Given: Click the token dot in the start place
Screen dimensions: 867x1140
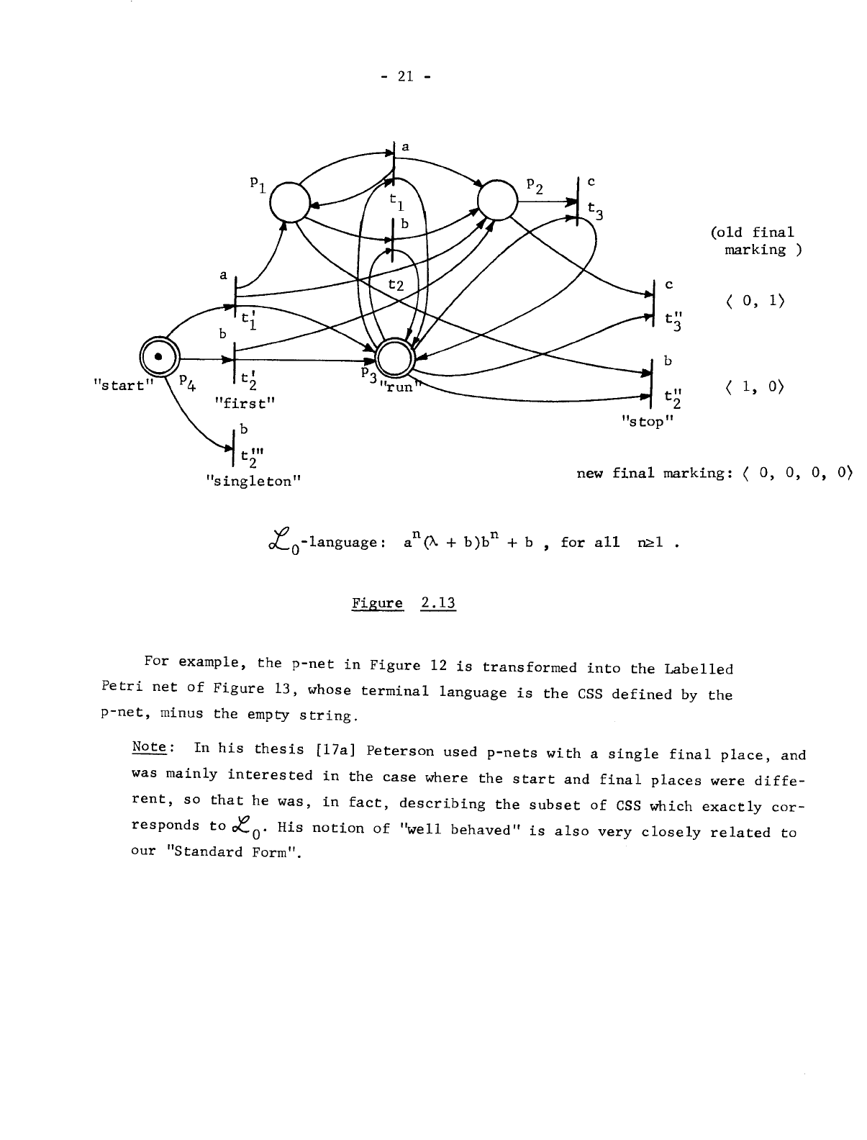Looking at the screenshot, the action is pyautogui.click(x=156, y=357).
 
